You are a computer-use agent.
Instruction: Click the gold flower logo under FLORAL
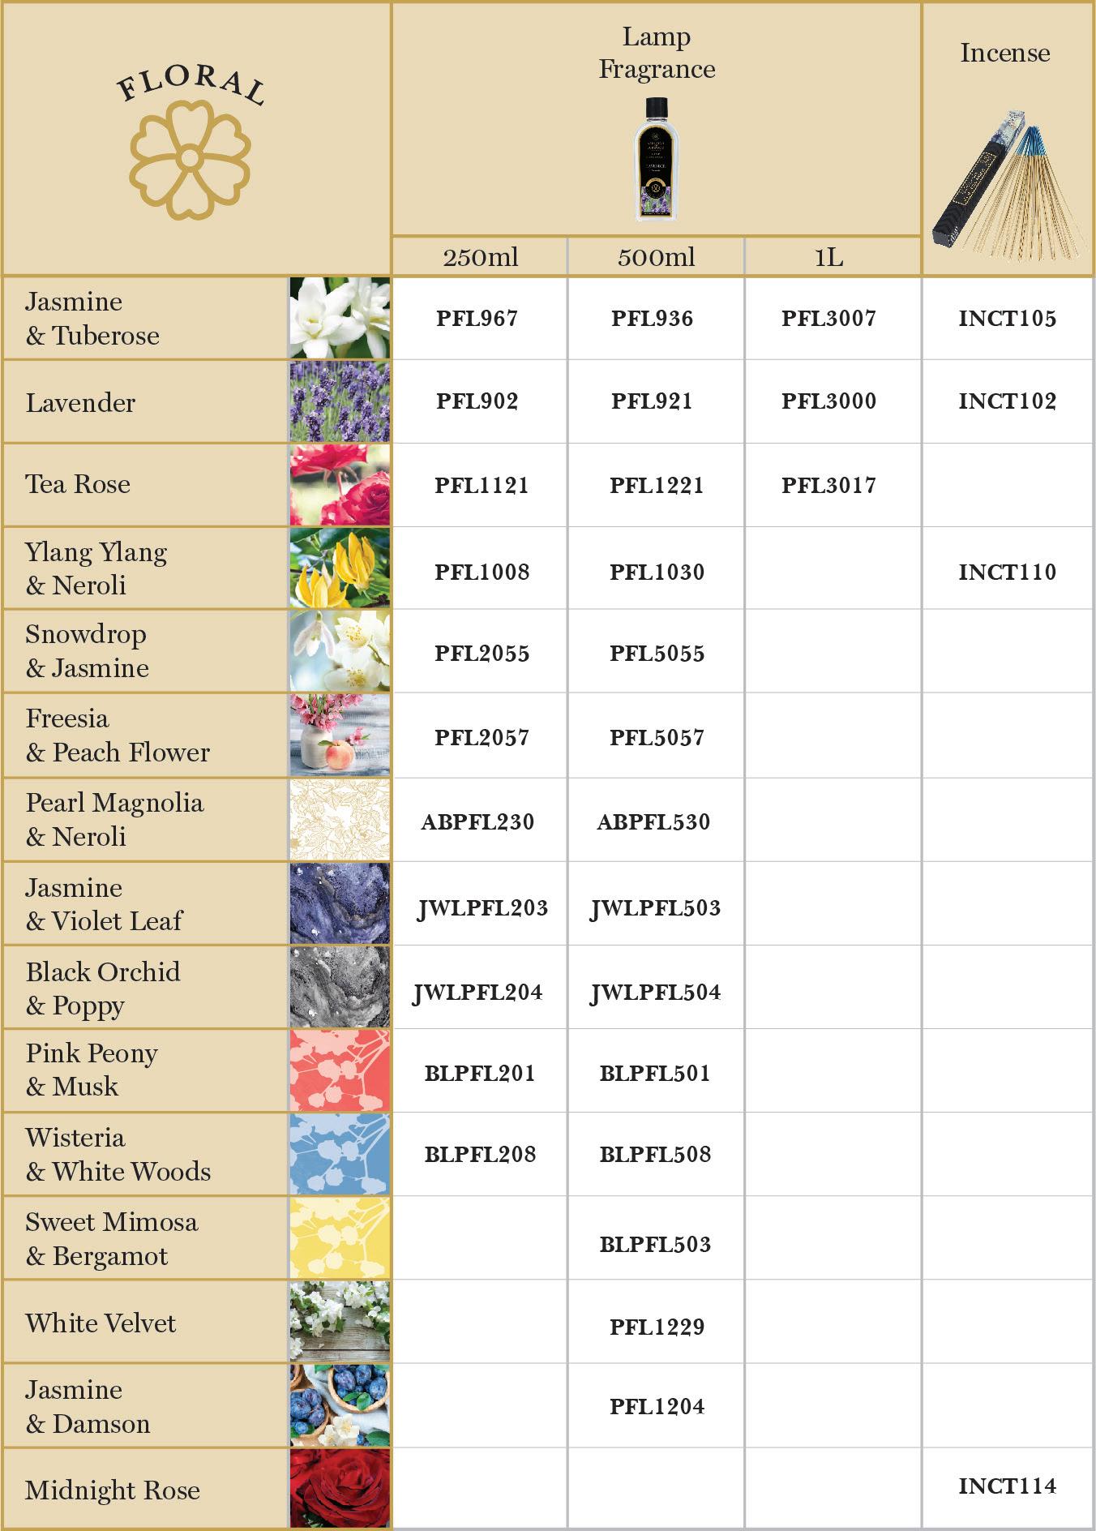(191, 160)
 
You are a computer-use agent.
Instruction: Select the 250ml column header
(480, 258)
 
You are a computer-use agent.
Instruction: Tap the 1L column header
(829, 258)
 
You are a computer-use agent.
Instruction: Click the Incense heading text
(1005, 54)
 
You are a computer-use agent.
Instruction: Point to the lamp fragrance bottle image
(656, 159)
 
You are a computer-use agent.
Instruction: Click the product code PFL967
(477, 319)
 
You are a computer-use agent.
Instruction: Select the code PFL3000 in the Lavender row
(828, 401)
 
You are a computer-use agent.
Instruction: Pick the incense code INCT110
(1007, 573)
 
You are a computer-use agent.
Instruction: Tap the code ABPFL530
(653, 822)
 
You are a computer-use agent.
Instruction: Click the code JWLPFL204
(477, 993)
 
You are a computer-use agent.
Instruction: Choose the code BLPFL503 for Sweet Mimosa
(655, 1245)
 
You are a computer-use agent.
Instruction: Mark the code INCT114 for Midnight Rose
(1007, 1486)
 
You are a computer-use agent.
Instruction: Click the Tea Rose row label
(78, 485)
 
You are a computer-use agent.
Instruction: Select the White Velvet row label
(101, 1323)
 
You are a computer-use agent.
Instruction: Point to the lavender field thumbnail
(340, 402)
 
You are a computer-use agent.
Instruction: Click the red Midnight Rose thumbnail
(340, 1489)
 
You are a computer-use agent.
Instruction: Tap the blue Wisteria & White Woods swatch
(340, 1155)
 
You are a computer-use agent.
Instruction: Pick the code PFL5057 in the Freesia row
(657, 738)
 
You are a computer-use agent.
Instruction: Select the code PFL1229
(657, 1327)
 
